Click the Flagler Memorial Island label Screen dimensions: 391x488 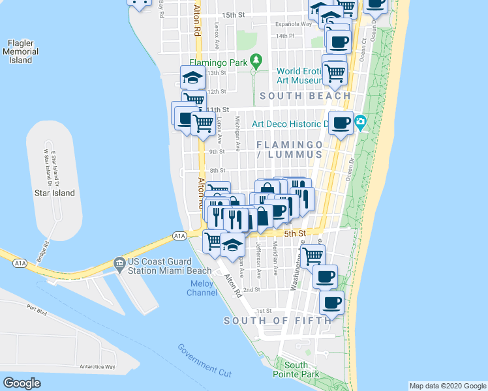(x=20, y=51)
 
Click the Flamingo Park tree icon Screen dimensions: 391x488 (x=257, y=63)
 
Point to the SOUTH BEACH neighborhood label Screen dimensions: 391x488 (x=305, y=96)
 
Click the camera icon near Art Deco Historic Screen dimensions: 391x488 (x=360, y=122)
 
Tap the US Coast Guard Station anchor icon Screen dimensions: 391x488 (x=119, y=263)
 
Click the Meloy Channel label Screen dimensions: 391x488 (x=203, y=288)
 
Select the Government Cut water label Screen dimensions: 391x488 (x=205, y=359)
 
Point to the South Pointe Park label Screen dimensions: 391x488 (x=301, y=369)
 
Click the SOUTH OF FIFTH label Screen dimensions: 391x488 (x=272, y=321)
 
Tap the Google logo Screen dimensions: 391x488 (x=22, y=383)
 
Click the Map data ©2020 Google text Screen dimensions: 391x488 (x=447, y=386)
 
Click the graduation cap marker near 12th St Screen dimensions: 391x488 (x=192, y=78)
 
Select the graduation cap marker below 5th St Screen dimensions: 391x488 (x=232, y=245)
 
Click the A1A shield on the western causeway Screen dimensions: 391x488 (x=20, y=263)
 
